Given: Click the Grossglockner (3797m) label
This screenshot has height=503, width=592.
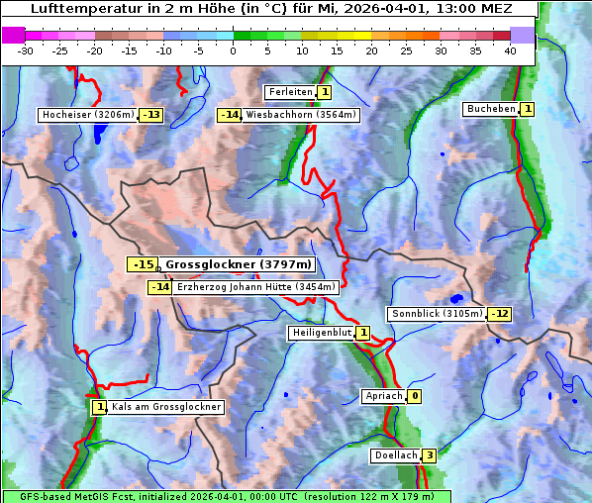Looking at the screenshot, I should pyautogui.click(x=238, y=264).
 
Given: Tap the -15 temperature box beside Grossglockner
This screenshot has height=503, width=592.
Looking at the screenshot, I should pyautogui.click(x=143, y=264).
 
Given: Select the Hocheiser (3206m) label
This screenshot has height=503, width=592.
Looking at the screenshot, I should pyautogui.click(x=87, y=115).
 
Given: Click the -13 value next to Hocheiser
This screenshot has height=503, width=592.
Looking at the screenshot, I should pyautogui.click(x=150, y=115).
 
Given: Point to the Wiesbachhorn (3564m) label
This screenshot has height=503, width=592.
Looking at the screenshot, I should pyautogui.click(x=301, y=115).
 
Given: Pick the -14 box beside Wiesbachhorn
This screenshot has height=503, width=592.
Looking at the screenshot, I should pyautogui.click(x=230, y=115).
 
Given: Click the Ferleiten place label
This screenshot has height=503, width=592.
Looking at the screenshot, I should pyautogui.click(x=290, y=92).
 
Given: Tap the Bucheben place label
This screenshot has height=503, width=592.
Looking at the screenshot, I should pyautogui.click(x=491, y=108).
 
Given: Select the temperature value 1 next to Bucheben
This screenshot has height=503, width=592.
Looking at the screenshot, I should pyautogui.click(x=528, y=108).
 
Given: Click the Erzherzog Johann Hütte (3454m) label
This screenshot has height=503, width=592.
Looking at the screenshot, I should pyautogui.click(x=256, y=287).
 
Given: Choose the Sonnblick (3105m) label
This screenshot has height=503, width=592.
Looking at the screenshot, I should pyautogui.click(x=438, y=314).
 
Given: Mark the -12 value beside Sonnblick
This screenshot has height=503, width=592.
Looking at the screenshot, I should pyautogui.click(x=499, y=314).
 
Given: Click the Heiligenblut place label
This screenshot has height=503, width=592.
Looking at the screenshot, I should pyautogui.click(x=320, y=333).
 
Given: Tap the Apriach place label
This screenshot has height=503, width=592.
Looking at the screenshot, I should pyautogui.click(x=383, y=396).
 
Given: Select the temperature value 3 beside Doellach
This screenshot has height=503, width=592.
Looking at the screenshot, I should pyautogui.click(x=429, y=455).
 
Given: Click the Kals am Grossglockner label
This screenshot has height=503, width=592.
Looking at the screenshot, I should pyautogui.click(x=165, y=407).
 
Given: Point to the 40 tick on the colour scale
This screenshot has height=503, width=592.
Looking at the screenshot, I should pyautogui.click(x=510, y=50).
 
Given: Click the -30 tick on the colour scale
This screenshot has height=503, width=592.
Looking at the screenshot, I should pyautogui.click(x=27, y=50).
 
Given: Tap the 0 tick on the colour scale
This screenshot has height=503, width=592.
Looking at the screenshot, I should pyautogui.click(x=234, y=50).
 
